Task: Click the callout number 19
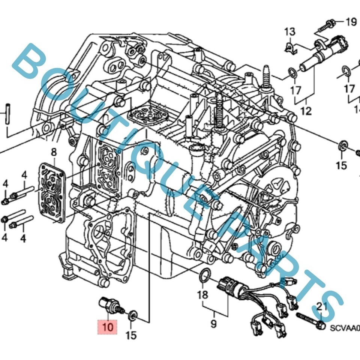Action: tap(351, 22)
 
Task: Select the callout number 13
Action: tap(289, 32)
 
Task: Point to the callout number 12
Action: tap(306, 111)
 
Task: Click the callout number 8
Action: tap(54, 152)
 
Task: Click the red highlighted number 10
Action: tap(108, 327)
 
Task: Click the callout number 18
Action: tap(202, 294)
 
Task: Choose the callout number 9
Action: tap(213, 322)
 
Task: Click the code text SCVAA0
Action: tap(344, 328)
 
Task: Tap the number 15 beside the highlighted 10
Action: tap(131, 335)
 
